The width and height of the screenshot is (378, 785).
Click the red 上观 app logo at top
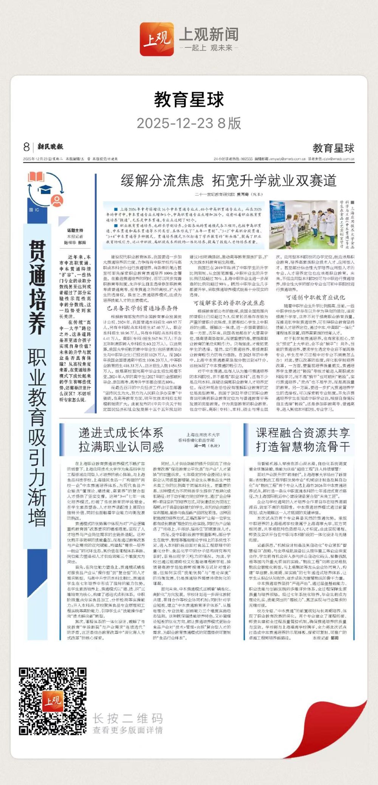[157, 39]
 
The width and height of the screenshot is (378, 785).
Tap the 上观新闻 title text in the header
[209, 34]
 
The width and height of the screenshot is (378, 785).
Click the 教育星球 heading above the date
[189, 100]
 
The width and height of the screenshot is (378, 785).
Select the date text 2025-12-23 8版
[189, 123]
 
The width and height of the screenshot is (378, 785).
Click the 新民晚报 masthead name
[50, 146]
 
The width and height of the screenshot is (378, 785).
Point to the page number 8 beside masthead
[26, 146]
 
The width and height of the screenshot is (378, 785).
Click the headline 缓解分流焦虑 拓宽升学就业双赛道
[228, 181]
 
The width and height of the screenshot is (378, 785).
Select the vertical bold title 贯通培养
[37, 288]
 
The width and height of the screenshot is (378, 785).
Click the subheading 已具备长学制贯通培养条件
[142, 308]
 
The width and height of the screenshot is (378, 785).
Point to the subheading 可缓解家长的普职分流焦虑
[229, 303]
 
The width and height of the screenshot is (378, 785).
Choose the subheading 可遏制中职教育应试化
[315, 297]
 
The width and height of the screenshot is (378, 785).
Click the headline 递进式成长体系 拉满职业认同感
[121, 440]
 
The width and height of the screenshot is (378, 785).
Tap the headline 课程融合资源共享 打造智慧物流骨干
[303, 440]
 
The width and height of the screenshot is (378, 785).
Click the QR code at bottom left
[53, 701]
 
